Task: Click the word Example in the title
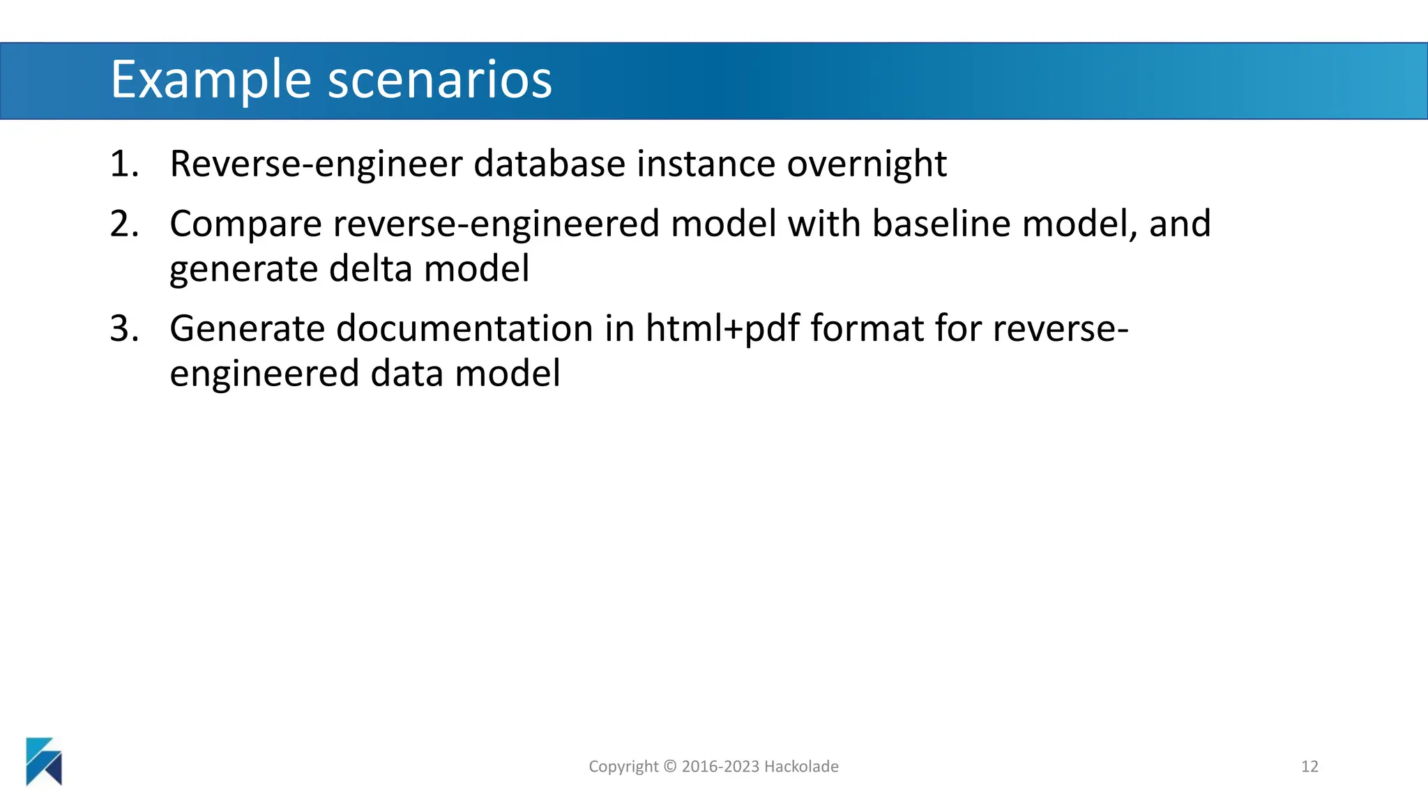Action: point(211,80)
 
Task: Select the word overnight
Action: point(866,165)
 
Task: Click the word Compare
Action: point(246,224)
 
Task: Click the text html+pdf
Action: point(722,329)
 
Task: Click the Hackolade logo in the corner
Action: point(44,761)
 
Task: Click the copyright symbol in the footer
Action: point(669,767)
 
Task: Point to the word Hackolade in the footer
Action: point(801,767)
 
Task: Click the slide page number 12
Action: point(1309,767)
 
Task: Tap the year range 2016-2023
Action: point(720,767)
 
